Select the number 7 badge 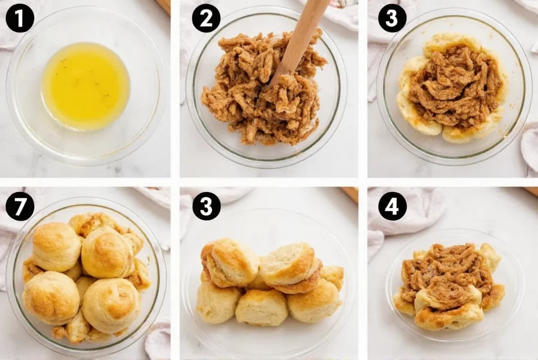[x=20, y=206]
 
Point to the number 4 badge [x=392, y=206]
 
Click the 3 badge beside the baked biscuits [x=206, y=206]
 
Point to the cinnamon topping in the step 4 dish [x=447, y=270]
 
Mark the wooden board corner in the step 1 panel [x=164, y=6]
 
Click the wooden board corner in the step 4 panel [x=531, y=191]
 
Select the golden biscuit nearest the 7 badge [x=56, y=246]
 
